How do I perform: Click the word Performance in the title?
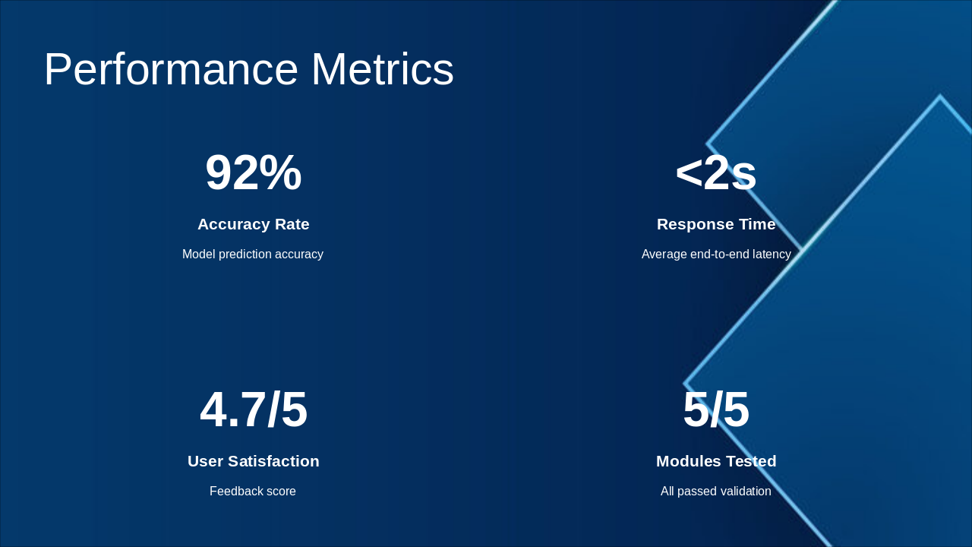(x=171, y=70)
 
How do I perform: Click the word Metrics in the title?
(x=382, y=70)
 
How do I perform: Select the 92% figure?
(x=253, y=173)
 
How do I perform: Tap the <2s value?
(x=715, y=173)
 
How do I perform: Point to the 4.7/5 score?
(x=253, y=410)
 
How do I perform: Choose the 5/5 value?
(x=715, y=410)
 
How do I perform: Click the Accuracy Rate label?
(x=253, y=224)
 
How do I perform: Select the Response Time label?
(x=715, y=224)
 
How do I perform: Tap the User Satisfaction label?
(x=253, y=461)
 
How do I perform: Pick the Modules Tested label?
(x=715, y=461)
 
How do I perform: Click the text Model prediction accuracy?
(x=253, y=255)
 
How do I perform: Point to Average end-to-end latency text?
(x=715, y=255)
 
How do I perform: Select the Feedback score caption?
(x=253, y=492)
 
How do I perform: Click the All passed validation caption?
(x=715, y=492)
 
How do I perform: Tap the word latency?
(x=771, y=255)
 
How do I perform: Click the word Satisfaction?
(x=273, y=461)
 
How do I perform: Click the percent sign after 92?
(x=280, y=173)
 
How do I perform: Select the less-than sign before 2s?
(x=689, y=173)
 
